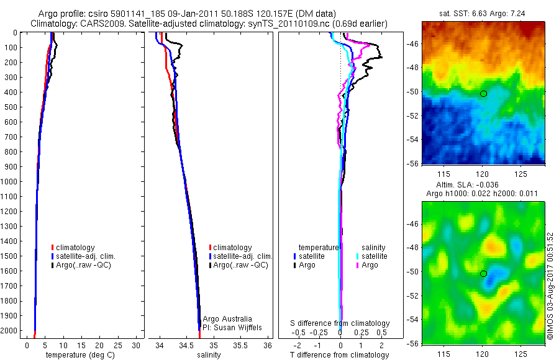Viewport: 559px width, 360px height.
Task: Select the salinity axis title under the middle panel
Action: click(x=209, y=355)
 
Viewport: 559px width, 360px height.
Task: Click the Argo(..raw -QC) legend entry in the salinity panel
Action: click(x=240, y=265)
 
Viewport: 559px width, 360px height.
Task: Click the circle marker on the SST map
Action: click(x=483, y=94)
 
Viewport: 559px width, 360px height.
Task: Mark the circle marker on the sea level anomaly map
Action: click(x=483, y=274)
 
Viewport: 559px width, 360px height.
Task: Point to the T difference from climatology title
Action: click(x=339, y=355)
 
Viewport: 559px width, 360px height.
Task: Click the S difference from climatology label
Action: click(x=340, y=323)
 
